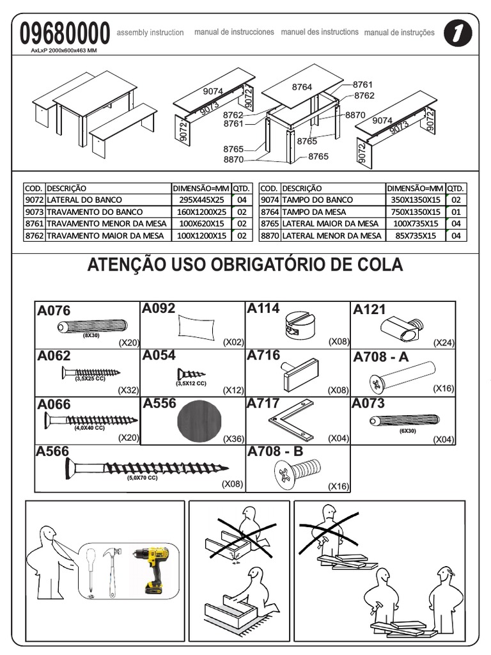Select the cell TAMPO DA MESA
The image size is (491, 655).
coord(314,212)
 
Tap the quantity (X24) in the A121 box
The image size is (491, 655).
coord(443,343)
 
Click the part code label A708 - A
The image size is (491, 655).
coord(380,357)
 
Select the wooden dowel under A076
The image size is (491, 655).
coord(90,327)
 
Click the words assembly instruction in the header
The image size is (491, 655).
coord(151,33)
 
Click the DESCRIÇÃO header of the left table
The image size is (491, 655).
coord(66,188)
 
